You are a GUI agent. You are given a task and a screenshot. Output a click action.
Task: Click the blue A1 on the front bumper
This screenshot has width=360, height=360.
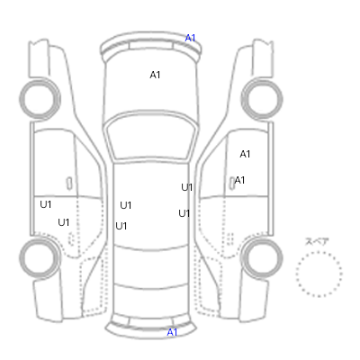pos(190,38)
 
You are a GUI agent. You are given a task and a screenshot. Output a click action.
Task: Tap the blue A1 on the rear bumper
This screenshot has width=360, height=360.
pos(172,332)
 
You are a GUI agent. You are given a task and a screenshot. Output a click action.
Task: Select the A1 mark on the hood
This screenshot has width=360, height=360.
pos(155,75)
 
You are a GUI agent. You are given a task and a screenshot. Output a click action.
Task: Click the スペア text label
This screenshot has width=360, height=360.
pos(317,241)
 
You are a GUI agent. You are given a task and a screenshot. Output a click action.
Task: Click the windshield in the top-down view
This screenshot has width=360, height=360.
pos(151,136)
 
